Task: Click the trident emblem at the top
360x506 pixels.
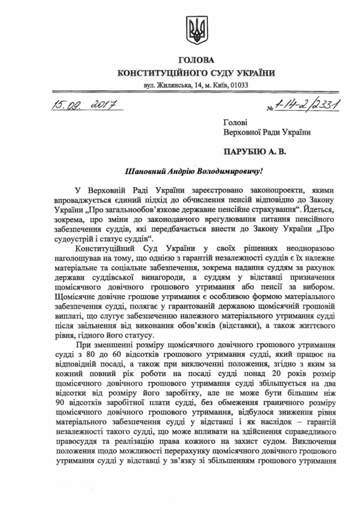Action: tap(197, 29)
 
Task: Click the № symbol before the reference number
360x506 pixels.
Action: tap(270, 109)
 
